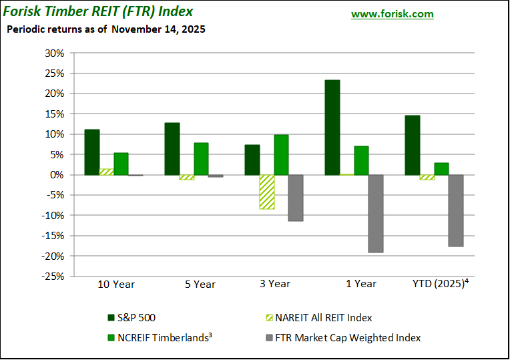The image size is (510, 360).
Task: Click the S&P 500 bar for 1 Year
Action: pos(332,128)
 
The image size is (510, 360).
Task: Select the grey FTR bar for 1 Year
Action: pos(376,214)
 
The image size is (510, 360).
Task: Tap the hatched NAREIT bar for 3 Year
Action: pos(267,192)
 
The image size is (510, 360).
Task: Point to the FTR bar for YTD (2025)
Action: pos(456,210)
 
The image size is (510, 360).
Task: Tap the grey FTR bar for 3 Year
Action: pos(296,198)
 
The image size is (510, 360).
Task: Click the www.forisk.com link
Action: pos(392,14)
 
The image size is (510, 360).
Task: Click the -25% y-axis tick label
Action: pos(53,276)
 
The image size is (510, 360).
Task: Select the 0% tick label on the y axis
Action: pos(57,175)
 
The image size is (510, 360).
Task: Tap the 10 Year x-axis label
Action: pos(116,284)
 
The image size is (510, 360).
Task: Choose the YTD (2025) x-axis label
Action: pos(440,283)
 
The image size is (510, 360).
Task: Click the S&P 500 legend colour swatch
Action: pos(111,318)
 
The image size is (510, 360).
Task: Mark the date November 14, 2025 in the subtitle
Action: pos(158,29)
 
